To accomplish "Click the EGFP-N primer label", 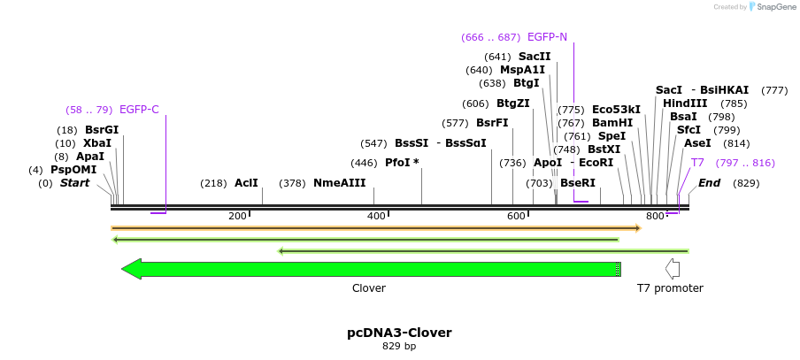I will (x=547, y=37).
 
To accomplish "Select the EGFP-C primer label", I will (x=139, y=110).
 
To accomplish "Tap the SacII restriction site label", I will (x=535, y=57).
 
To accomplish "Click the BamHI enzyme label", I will (x=612, y=123).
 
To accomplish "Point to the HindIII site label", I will (x=685, y=103).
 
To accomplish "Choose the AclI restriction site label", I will (x=246, y=183).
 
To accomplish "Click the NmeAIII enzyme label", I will (x=339, y=183).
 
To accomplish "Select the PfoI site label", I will (x=402, y=163).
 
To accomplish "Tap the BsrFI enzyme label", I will (x=492, y=123).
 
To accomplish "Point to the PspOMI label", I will (x=73, y=170).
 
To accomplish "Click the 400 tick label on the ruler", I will (x=376, y=216).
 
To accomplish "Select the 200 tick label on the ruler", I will (x=237, y=216).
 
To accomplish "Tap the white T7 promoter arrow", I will (x=672, y=269).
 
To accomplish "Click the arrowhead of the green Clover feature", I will (x=132, y=269).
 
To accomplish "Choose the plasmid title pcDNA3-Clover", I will (x=399, y=333).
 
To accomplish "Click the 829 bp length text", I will (x=399, y=346).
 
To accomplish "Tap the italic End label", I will (x=709, y=183).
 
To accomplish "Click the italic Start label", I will (x=75, y=183).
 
